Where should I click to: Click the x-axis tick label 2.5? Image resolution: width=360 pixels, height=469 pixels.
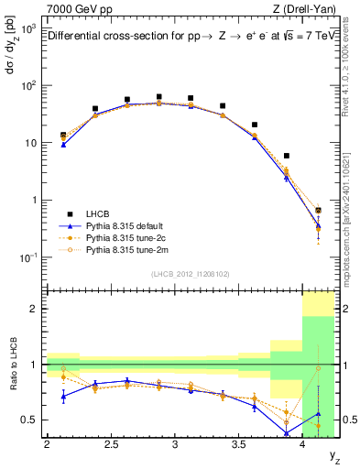pyautogui.click(x=111, y=446)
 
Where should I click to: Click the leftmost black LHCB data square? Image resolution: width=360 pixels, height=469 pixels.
pyautogui.click(x=63, y=135)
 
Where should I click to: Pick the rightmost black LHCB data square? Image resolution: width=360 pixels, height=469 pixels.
pyautogui.click(x=318, y=211)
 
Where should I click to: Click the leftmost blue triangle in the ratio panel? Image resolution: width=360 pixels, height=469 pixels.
pyautogui.click(x=63, y=396)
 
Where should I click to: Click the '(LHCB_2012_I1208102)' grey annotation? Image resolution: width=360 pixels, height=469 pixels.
pyautogui.click(x=190, y=273)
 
